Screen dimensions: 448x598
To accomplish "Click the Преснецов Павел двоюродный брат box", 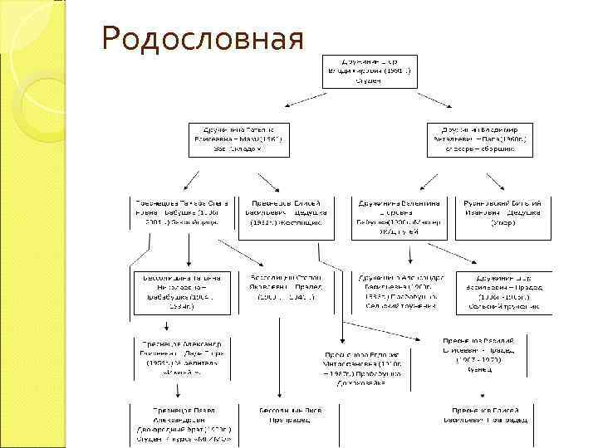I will (180, 424).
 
